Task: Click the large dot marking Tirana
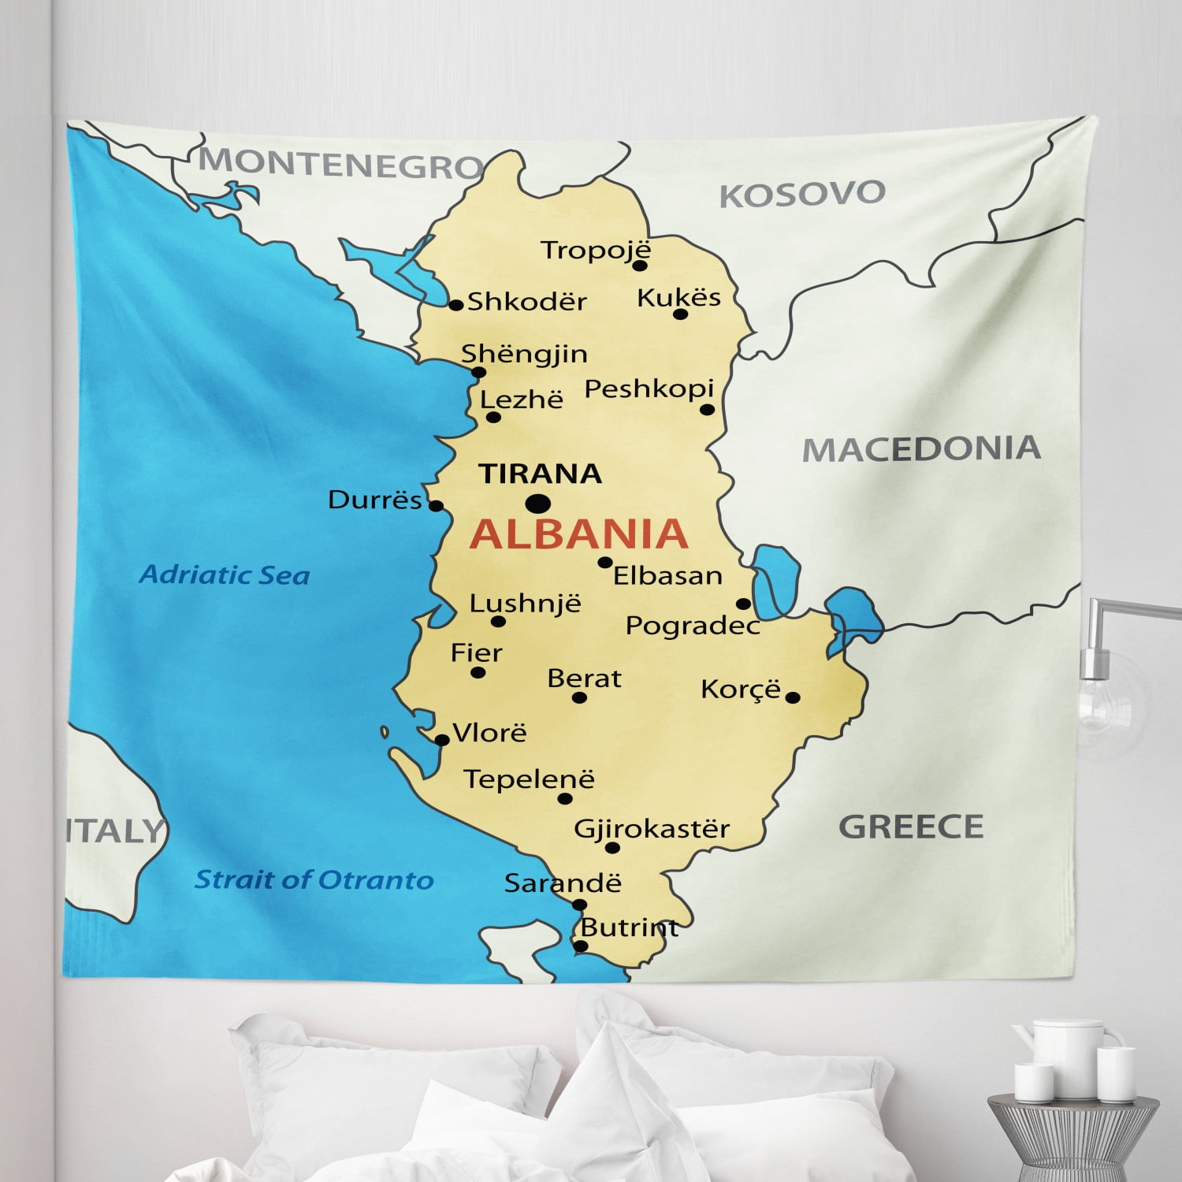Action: pos(538,503)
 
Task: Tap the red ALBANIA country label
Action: pos(579,533)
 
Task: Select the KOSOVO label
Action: pos(802,194)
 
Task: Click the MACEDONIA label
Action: pos(921,449)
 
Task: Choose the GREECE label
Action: pos(911,827)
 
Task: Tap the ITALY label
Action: pos(114,831)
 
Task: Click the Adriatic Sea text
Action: pos(225,575)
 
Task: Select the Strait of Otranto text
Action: pos(314,879)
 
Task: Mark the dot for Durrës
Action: pos(436,506)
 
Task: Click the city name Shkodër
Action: pos(527,302)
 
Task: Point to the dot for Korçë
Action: pos(793,697)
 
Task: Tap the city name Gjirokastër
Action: pos(652,829)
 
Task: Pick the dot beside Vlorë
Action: pos(442,740)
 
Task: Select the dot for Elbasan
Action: pos(604,563)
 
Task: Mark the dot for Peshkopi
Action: pos(707,410)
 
